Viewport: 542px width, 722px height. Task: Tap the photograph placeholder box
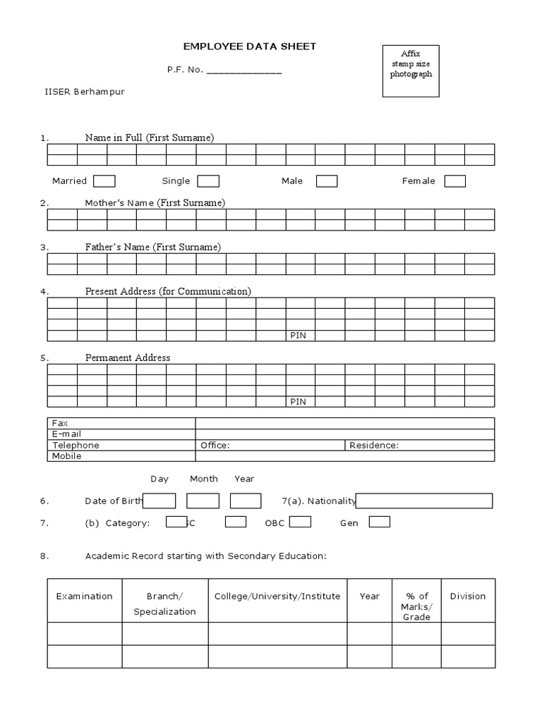click(x=411, y=71)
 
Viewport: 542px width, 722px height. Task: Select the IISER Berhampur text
click(x=85, y=92)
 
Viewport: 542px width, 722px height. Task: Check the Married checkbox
click(x=104, y=181)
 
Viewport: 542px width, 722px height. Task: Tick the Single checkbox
click(x=208, y=181)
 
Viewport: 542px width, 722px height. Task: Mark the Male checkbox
click(x=326, y=181)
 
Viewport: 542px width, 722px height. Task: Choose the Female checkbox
click(x=454, y=181)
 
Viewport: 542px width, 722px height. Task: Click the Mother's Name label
click(x=155, y=203)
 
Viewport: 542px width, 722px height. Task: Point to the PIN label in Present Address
click(x=298, y=336)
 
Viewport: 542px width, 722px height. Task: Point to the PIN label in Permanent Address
click(x=298, y=401)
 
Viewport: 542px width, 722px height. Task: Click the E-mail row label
click(x=67, y=434)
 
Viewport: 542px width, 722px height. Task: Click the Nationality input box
click(x=424, y=501)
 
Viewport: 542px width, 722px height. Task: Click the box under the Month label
click(x=203, y=501)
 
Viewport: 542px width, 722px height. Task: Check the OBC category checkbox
click(x=300, y=522)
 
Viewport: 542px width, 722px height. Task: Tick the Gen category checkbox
click(x=379, y=522)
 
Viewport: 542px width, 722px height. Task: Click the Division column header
click(x=467, y=596)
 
